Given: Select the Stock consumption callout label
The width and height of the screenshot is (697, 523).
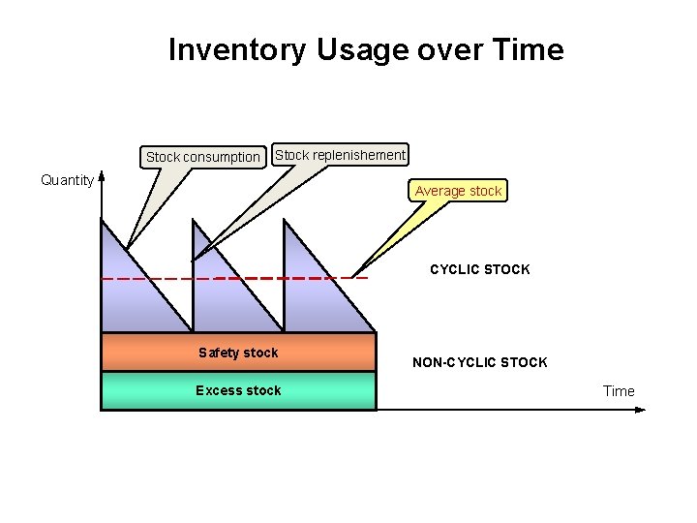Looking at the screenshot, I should click(x=203, y=157).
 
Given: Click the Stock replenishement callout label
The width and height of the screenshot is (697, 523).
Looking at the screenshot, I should click(x=341, y=155).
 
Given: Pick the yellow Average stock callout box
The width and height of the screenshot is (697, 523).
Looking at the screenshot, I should click(x=458, y=191).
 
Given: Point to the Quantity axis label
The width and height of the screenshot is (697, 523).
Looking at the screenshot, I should click(x=67, y=179).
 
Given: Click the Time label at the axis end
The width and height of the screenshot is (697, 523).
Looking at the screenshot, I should click(x=619, y=391).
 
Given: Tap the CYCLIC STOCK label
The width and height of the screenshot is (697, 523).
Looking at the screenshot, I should click(x=480, y=269).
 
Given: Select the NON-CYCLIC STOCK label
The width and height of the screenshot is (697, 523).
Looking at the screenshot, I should click(x=480, y=362).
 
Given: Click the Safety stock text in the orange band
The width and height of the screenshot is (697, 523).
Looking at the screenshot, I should click(x=238, y=353).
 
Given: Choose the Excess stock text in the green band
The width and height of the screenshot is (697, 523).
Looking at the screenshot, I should click(x=238, y=390).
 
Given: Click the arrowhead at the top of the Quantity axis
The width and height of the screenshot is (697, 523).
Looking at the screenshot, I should click(x=102, y=178).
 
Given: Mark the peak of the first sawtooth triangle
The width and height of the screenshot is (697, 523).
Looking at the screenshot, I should click(x=102, y=221).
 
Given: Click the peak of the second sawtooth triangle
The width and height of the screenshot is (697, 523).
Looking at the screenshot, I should click(x=194, y=221).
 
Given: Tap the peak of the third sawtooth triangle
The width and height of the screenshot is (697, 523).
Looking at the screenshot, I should click(x=285, y=221).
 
